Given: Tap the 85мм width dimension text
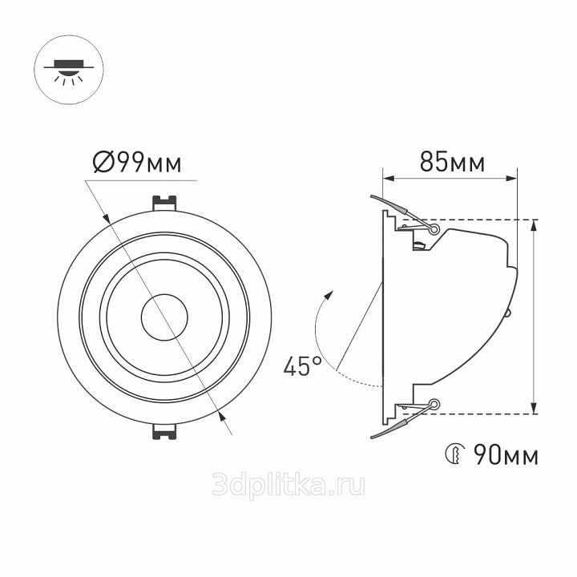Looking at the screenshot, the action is click(452, 162).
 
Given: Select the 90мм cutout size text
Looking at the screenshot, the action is click(506, 455).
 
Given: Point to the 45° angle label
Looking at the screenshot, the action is click(302, 365).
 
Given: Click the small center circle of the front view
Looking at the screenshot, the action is click(164, 317).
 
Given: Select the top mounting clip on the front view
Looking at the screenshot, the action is click(164, 203).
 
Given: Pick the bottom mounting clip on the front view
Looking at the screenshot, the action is click(164, 431).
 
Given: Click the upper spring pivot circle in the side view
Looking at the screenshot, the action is click(434, 230).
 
